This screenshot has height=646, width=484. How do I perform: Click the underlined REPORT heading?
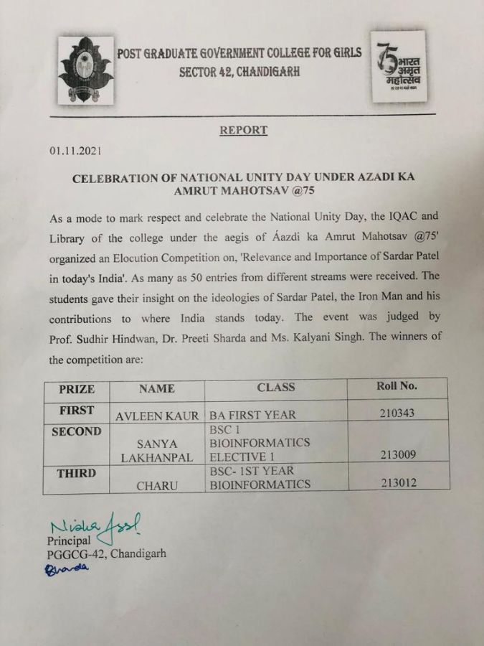[x=243, y=131]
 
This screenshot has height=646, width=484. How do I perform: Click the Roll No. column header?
[x=397, y=386]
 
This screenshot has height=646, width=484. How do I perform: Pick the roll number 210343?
[x=396, y=413]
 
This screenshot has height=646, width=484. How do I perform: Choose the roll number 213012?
[x=396, y=483]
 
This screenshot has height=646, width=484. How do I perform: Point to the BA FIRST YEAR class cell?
[x=252, y=415]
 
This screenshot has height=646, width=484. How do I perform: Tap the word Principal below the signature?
[x=70, y=540]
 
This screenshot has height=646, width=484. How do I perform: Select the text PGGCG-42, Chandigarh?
[x=107, y=553]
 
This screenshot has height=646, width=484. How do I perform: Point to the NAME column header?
[x=157, y=388]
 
